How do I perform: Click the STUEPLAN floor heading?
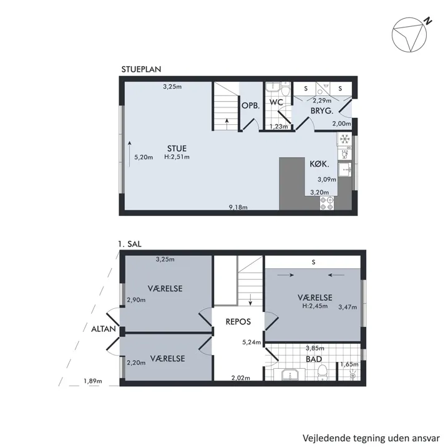pos(141,69)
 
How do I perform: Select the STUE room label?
pos(177,149)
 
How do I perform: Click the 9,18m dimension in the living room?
pos(238,207)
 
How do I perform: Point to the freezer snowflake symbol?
pos(345,139)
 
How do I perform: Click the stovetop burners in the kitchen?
pos(327,203)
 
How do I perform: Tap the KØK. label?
pos(319,164)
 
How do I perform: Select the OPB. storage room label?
pos(251,105)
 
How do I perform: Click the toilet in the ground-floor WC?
pos(285,90)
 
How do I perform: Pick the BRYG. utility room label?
pos(322,111)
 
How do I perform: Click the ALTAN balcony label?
pos(104,329)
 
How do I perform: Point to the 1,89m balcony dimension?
pos(92,381)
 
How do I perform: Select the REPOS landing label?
pos(238,322)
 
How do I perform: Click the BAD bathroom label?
pos(314,359)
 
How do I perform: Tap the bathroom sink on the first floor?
pos(290,375)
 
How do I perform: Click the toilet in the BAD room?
pos(323,373)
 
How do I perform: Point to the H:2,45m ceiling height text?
pos(315,306)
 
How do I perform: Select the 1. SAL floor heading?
pos(130,245)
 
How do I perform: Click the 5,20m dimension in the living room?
pos(144,157)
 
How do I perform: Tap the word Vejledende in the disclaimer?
pos(326,438)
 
